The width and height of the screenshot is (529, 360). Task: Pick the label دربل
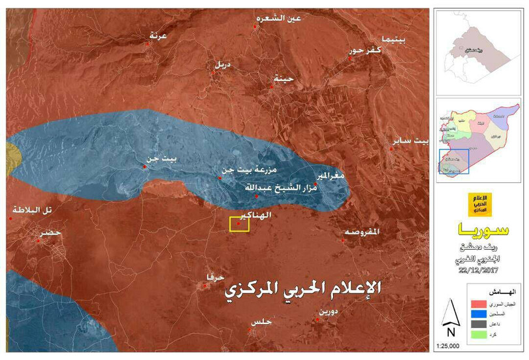[x=222, y=65]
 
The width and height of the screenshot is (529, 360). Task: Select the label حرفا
[x=214, y=276]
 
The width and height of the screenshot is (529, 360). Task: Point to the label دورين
[x=327, y=311]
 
